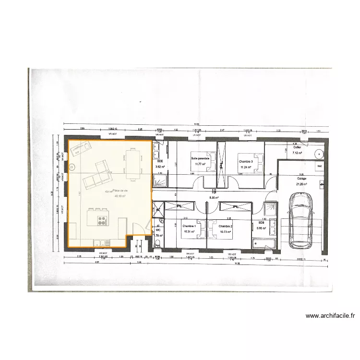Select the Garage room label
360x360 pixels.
coord(301,179)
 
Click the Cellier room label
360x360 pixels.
coord(297,147)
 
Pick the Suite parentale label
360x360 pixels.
coord(200,158)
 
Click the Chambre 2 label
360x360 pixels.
coord(225,226)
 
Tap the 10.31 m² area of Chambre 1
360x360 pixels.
coord(189,232)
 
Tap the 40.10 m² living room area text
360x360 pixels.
coord(120,196)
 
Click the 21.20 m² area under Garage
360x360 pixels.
coord(301,184)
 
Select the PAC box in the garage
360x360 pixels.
coord(319,166)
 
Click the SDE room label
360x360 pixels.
coord(160,162)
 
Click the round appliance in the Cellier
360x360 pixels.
coord(319,154)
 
